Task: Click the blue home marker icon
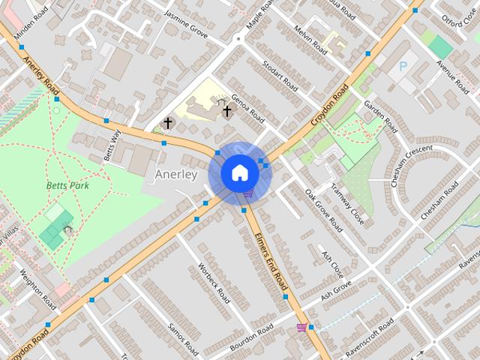click(239, 172)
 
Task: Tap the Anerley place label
click(175, 175)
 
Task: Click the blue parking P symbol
click(403, 67)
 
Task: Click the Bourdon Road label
click(252, 334)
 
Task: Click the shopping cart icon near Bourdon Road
click(301, 327)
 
